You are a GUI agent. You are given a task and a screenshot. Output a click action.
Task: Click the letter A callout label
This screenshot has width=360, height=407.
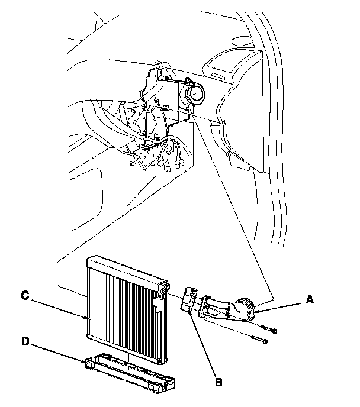tap(308, 300)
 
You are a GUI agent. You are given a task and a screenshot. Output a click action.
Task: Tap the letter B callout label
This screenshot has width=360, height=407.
tap(218, 383)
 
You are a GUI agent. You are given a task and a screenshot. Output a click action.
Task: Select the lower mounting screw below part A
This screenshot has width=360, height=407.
tap(261, 341)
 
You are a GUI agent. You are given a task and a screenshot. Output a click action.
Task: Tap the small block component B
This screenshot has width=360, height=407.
tap(189, 299)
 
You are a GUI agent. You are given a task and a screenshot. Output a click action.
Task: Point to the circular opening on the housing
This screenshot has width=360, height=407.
tap(195, 93)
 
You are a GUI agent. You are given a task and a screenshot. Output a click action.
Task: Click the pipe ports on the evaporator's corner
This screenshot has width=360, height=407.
tap(163, 288)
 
